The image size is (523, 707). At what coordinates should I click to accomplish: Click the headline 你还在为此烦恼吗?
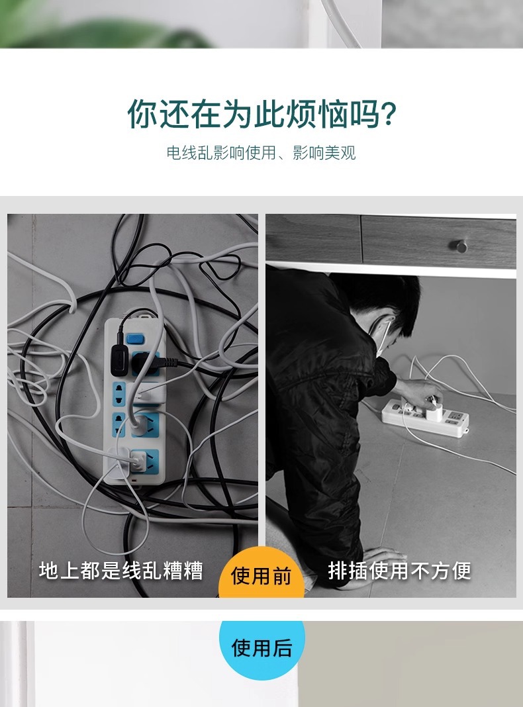coord(261,114)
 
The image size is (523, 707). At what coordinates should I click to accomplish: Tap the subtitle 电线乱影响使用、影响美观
coord(261,153)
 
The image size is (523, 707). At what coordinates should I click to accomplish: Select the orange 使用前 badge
coord(261,573)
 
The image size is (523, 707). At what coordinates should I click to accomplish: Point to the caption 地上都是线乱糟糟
coord(121,571)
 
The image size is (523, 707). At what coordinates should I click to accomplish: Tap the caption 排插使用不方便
coord(399,571)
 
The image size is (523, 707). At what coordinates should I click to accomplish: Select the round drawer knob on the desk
coord(460,246)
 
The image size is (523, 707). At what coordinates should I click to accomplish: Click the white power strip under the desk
coord(425,418)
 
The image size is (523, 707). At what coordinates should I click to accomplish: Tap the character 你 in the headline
coord(142,114)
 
